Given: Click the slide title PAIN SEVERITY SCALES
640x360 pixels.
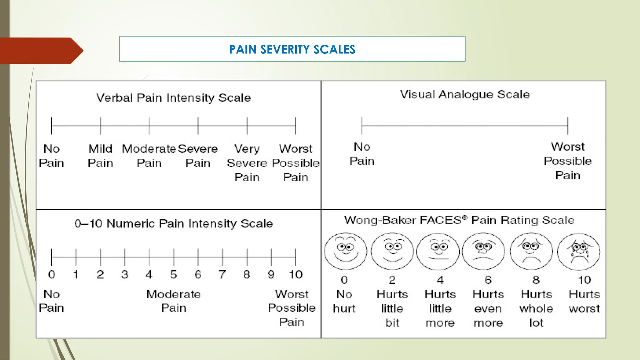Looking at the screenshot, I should (x=292, y=49).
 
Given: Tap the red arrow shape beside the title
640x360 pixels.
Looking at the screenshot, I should (x=41, y=51).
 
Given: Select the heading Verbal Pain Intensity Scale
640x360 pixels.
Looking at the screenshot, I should (x=173, y=98).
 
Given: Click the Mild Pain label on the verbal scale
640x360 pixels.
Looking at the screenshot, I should (x=100, y=156).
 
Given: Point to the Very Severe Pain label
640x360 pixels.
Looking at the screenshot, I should (x=247, y=163).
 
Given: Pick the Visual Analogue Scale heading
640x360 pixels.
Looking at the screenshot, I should (x=465, y=94).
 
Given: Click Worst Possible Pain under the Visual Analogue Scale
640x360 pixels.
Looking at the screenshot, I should (x=567, y=161).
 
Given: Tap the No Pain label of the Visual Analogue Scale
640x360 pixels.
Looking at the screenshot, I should (x=362, y=154).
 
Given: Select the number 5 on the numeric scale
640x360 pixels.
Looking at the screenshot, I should (x=173, y=274).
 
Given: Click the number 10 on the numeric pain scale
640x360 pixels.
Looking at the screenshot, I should (x=296, y=274).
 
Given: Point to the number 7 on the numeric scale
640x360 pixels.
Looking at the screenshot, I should (x=222, y=274).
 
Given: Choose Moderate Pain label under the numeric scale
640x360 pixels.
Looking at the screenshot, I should (x=173, y=301).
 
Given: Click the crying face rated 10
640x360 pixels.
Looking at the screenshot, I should (x=579, y=252).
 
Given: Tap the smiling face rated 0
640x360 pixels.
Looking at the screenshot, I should (x=345, y=251).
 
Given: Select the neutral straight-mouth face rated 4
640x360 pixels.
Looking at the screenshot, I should (x=438, y=251).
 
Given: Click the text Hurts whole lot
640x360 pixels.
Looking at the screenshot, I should (x=536, y=308).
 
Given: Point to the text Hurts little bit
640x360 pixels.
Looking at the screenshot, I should (x=392, y=308).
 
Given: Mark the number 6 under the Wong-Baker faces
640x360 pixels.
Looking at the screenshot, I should (x=488, y=280).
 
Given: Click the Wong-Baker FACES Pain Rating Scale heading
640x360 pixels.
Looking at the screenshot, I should (x=459, y=220).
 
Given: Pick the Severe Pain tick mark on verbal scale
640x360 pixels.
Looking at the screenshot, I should (x=198, y=126).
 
